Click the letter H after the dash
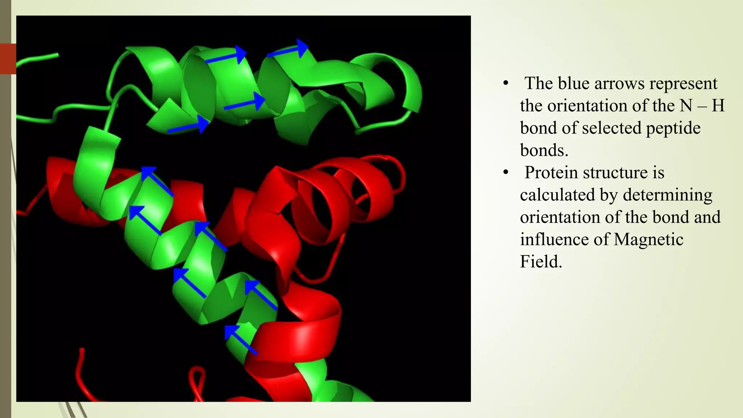[718, 106]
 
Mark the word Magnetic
[649, 240]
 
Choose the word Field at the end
[541, 262]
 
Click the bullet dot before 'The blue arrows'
[506, 83]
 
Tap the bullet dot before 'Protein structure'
[506, 172]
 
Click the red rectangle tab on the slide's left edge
[8, 59]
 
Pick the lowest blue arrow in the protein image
[241, 340]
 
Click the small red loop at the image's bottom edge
[198, 381]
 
